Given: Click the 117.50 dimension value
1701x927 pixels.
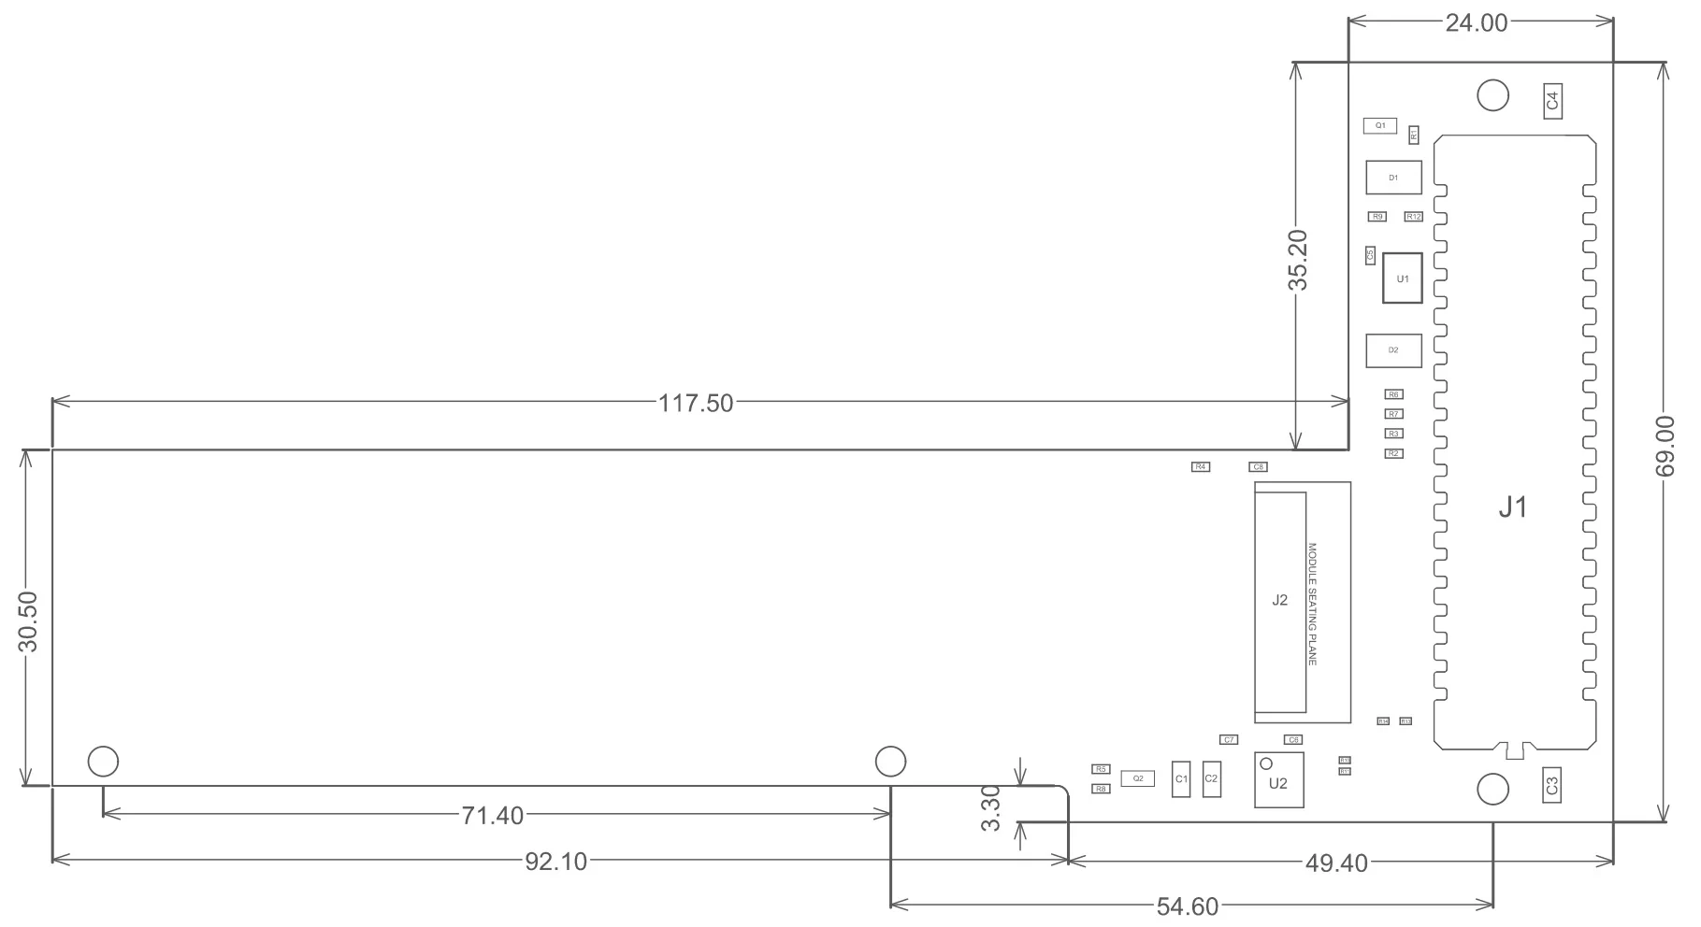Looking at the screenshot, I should click(696, 404).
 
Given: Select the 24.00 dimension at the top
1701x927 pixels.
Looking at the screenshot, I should click(1477, 23).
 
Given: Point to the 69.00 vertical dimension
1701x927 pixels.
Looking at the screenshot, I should click(1665, 447).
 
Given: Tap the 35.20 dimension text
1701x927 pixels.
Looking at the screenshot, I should click(1298, 260).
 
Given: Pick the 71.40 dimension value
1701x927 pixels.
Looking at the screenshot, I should click(492, 816).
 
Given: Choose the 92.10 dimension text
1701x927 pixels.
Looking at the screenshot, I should click(555, 862).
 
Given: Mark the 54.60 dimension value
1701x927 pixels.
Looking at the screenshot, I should click(1188, 906).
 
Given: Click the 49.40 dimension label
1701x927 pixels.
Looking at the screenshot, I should click(1335, 863).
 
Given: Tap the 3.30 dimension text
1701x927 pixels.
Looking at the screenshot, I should click(992, 807).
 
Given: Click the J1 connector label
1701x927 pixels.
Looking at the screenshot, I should click(1512, 507).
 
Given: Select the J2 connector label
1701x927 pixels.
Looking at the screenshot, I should click(1279, 600).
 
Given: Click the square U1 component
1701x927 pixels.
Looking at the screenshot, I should click(1403, 278).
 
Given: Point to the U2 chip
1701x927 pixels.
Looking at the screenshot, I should click(1278, 783).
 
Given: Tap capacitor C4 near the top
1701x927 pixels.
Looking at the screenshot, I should click(1552, 100).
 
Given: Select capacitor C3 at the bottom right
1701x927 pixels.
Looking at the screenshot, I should click(1552, 785).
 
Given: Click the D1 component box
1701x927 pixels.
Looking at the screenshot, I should click(1393, 178).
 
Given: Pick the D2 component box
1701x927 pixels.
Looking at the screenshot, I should click(1393, 350).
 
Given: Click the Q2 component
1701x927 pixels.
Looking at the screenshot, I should click(1137, 777).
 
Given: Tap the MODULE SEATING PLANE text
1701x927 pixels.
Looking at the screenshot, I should click(1312, 604).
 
